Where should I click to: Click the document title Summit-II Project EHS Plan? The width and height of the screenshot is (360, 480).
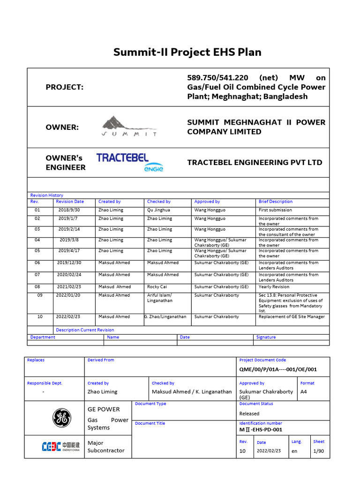[187, 52]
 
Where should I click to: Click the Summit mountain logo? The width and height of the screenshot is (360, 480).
[129, 127]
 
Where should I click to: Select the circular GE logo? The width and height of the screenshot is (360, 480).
[60, 418]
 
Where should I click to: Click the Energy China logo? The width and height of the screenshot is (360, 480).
[60, 446]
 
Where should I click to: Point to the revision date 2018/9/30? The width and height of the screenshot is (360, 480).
[69, 210]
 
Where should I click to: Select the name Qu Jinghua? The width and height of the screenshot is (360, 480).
[158, 210]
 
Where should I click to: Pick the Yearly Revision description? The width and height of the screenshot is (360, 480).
[274, 286]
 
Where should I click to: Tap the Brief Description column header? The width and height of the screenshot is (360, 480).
[275, 202]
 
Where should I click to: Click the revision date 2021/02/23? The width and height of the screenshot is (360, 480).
[69, 286]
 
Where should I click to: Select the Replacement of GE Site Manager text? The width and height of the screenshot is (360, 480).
[291, 316]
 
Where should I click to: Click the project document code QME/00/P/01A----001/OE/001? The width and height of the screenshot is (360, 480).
[278, 369]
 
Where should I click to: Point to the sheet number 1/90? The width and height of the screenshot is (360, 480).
[319, 450]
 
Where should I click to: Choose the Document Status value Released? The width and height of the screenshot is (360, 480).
[249, 413]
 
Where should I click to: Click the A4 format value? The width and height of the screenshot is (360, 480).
[304, 391]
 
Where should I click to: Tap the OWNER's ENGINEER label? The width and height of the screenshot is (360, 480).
[66, 163]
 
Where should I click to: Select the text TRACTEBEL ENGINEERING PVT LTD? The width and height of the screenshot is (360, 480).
[255, 163]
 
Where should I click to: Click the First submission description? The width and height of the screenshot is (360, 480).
[275, 210]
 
